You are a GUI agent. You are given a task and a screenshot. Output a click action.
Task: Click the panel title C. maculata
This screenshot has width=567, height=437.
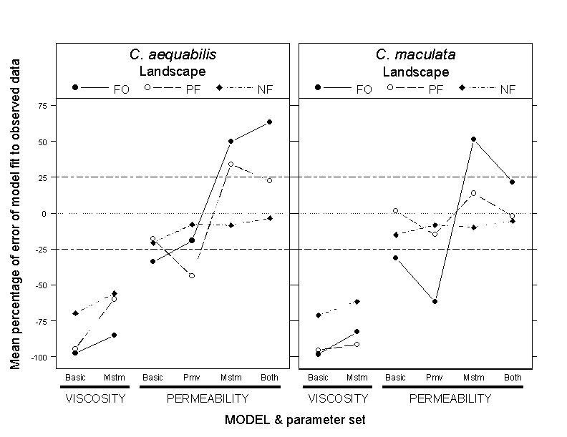tap(415, 55)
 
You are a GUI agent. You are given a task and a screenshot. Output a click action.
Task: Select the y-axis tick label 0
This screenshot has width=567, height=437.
tap(44, 213)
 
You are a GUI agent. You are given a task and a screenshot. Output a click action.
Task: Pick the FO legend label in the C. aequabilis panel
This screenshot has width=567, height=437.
tap(122, 89)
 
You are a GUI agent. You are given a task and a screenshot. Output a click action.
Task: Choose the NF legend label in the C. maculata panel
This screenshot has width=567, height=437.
tap(508, 89)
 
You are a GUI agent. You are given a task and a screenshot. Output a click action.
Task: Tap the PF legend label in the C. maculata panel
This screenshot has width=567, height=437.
tap(436, 89)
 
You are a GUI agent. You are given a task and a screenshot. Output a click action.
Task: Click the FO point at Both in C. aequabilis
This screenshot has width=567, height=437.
tap(269, 122)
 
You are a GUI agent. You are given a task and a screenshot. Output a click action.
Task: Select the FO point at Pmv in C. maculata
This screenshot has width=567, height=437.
tap(434, 302)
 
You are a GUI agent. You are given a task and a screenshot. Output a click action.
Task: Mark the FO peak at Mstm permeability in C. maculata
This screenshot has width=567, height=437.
tap(473, 139)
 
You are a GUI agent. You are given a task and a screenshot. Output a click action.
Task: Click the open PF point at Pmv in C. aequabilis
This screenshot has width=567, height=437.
tap(192, 275)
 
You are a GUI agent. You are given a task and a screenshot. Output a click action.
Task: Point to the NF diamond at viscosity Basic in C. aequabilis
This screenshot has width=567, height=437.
tap(75, 313)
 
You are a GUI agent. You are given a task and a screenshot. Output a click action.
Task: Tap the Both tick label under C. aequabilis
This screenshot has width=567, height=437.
tap(269, 377)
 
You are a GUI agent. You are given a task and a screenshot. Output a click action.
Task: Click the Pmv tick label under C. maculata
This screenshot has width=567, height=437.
tap(434, 377)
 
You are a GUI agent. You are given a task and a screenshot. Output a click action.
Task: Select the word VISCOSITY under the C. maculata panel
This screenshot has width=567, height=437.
tap(337, 398)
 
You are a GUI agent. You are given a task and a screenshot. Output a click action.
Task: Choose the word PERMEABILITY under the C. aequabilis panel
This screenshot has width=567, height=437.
tap(208, 398)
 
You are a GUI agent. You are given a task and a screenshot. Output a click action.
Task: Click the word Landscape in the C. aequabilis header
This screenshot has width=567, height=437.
tap(172, 72)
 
